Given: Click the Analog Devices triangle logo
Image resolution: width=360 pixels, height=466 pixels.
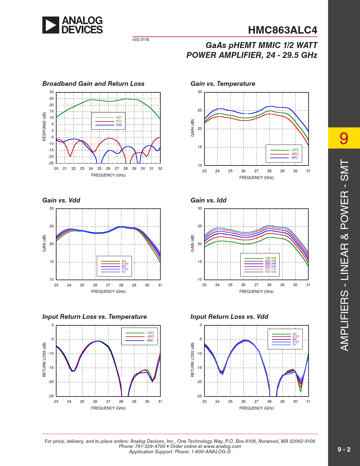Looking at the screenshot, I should pyautogui.click(x=51, y=25).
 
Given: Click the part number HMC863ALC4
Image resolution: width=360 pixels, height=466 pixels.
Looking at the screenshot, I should pyautogui.click(x=282, y=30).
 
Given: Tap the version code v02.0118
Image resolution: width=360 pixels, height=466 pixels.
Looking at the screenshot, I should pyautogui.click(x=141, y=40).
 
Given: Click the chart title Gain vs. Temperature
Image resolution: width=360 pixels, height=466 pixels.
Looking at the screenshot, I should pyautogui.click(x=223, y=84).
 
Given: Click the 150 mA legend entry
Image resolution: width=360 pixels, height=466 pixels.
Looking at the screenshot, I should pyautogui.click(x=270, y=258).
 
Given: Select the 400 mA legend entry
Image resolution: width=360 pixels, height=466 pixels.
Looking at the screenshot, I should pyautogui.click(x=270, y=272).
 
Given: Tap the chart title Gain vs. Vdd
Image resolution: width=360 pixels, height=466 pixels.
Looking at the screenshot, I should pyautogui.click(x=61, y=200).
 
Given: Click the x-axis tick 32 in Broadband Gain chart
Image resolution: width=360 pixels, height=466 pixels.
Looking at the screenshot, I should pyautogui.click(x=160, y=169).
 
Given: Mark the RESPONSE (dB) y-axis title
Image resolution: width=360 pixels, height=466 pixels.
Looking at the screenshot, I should pyautogui.click(x=44, y=127).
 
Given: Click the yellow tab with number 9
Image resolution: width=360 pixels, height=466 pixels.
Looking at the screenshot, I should pyautogui.click(x=344, y=138).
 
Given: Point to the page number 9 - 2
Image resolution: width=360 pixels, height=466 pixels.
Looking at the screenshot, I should pyautogui.click(x=344, y=449).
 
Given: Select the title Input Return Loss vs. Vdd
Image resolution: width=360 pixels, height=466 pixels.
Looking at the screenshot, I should pyautogui.click(x=229, y=317).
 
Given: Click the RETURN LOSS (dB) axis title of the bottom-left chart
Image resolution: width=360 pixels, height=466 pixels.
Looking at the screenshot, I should pyautogui.click(x=44, y=360).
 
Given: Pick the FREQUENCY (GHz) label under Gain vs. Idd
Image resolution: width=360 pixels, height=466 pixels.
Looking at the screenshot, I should pyautogui.click(x=256, y=291).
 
